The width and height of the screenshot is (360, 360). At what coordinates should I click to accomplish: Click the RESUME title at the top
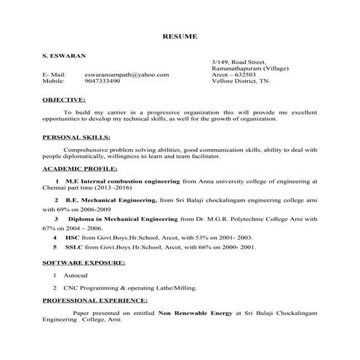coord(180,36)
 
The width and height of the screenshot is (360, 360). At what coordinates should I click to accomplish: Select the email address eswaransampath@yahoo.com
coord(127,74)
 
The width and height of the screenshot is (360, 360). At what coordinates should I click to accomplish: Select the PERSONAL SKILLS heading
coord(76,136)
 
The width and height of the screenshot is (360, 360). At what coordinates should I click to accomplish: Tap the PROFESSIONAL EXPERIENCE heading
coord(95,300)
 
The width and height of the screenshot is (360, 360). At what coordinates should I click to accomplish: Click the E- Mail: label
coord(55,74)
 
